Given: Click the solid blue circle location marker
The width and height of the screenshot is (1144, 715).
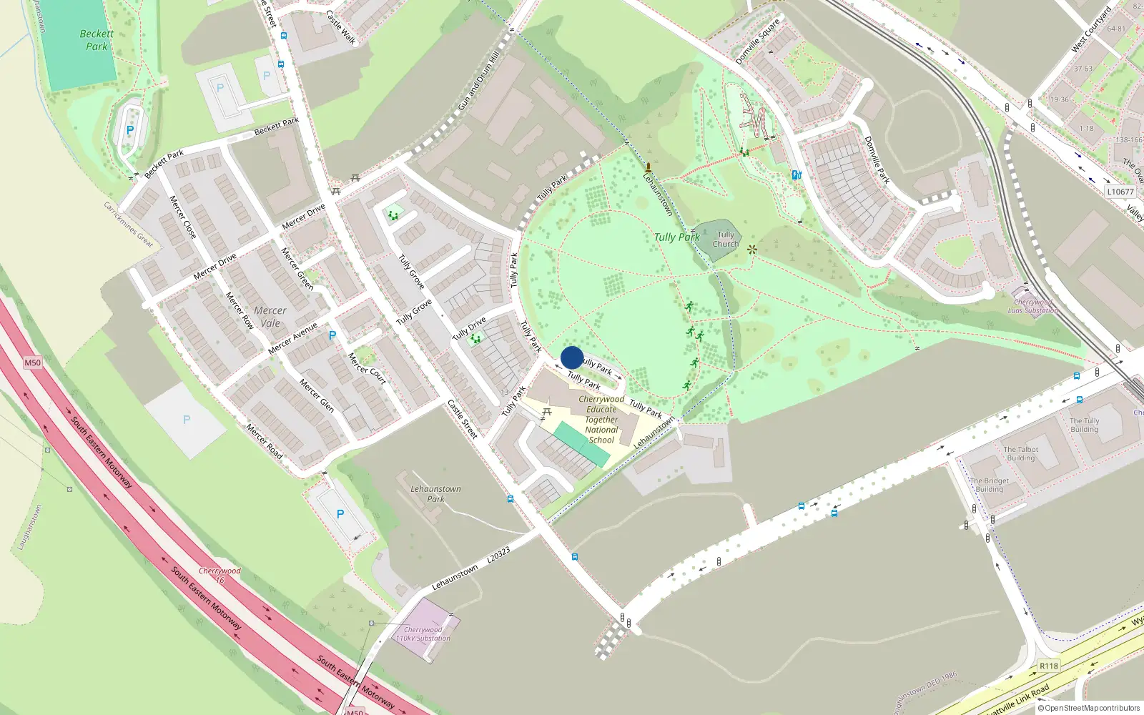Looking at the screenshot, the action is click(572, 357).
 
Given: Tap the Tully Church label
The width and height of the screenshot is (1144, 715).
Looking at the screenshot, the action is click(725, 239).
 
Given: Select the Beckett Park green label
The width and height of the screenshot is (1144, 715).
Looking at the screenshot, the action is click(97, 40).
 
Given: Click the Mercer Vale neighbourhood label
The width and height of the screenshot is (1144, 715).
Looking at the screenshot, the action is click(270, 317).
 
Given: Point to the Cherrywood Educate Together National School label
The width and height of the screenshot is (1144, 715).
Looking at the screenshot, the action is click(601, 420).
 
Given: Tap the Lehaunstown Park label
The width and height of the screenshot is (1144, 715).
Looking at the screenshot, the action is click(435, 494).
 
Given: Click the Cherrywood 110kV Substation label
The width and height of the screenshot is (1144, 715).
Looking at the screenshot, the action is click(423, 634).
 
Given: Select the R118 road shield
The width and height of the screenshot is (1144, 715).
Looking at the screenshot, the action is click(1048, 666).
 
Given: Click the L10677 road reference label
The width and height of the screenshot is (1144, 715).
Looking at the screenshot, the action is click(1120, 192).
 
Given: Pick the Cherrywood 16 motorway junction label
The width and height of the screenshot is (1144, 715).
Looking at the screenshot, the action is click(220, 575).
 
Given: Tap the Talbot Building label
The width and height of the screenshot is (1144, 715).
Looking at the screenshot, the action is click(1020, 453).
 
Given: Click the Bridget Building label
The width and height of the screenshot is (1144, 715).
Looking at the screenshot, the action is click(990, 485).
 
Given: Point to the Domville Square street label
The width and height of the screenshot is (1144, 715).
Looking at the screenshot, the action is click(758, 42).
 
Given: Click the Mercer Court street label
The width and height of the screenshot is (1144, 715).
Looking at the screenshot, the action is click(367, 368).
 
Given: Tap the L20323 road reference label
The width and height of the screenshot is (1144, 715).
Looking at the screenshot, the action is click(498, 556).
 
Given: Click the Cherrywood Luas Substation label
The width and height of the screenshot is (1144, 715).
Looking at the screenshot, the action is click(1033, 306).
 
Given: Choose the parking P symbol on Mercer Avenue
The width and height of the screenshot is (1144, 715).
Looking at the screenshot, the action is click(332, 335).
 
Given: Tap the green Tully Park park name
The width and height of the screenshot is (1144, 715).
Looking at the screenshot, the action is click(676, 237).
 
